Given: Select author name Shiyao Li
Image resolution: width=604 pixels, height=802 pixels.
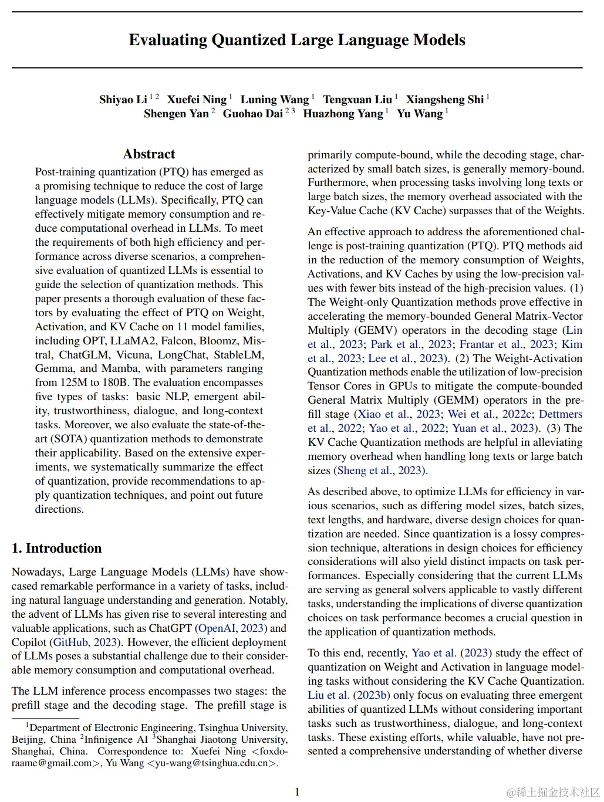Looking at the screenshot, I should [x=123, y=99].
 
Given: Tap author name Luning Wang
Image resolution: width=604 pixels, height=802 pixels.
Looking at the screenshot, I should [x=274, y=99].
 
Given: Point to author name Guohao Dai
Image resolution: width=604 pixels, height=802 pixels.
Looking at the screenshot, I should [x=252, y=113].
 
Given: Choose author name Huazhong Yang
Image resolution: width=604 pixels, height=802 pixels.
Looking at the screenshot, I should [x=343, y=113].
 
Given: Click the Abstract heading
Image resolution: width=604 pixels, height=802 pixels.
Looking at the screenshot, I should [x=149, y=154].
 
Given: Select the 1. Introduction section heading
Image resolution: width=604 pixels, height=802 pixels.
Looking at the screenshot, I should [x=56, y=548].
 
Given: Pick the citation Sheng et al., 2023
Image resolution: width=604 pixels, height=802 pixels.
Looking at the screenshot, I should [x=380, y=471].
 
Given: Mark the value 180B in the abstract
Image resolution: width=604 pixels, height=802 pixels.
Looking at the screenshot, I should [x=115, y=383].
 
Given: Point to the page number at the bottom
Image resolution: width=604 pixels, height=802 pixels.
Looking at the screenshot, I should [x=297, y=792].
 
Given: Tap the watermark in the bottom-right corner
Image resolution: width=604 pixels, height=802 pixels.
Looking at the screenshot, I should [x=552, y=792].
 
